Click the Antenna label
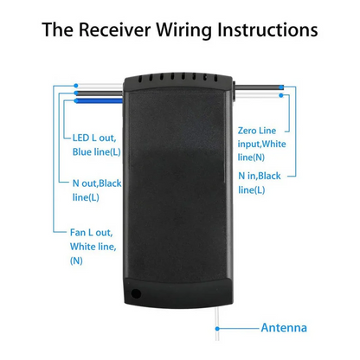tap(284, 328)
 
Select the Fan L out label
tap(93, 232)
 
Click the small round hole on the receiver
tap(136, 293)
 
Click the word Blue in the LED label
tap(86, 152)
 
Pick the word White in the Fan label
tap(85, 247)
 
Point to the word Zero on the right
tap(251, 129)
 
